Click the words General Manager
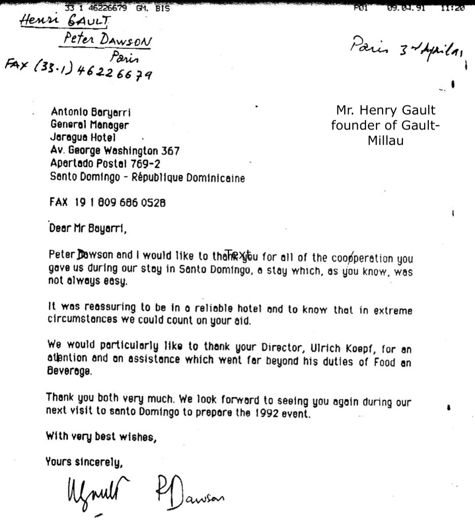point(89,124)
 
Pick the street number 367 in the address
point(171,151)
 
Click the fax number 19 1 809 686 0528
point(121,202)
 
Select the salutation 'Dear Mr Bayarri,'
point(87,229)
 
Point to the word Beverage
point(70,371)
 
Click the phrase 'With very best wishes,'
point(101,436)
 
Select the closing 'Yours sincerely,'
point(85,462)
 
